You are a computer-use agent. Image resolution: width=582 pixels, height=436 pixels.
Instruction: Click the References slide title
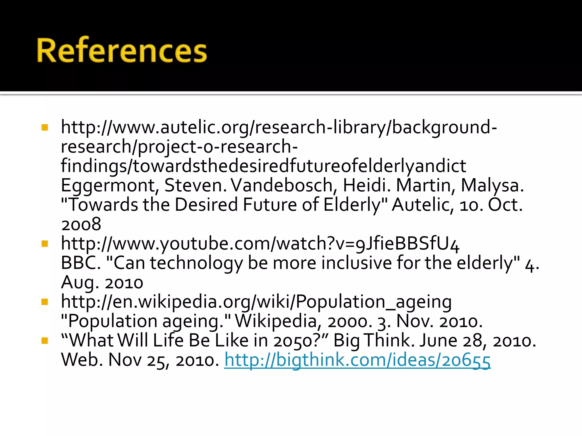122,51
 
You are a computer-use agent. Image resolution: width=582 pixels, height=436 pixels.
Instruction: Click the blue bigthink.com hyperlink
357,360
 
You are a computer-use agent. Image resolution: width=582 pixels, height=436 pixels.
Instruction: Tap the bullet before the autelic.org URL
45,127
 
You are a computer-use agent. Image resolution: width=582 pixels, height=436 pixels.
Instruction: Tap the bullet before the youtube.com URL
45,244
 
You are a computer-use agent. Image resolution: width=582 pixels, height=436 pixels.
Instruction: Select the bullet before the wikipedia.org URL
45,302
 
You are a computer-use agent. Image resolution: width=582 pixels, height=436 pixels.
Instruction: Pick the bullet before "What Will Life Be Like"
45,340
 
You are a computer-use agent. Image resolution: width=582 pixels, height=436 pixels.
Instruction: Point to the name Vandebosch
281,186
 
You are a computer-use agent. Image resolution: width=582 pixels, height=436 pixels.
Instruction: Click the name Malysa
492,186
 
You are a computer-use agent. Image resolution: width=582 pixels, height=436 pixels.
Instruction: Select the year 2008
81,224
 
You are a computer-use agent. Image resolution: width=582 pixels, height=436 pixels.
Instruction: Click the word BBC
80,263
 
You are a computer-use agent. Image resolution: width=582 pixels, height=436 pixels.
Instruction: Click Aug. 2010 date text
102,282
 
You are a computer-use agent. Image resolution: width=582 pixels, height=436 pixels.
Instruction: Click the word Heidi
364,186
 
